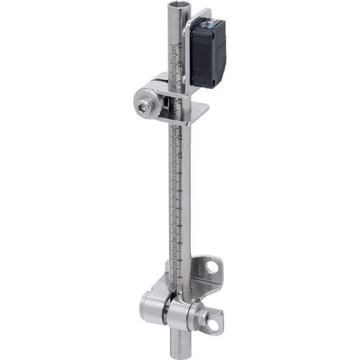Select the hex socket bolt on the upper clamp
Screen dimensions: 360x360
tap(144, 107)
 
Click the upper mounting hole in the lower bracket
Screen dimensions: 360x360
tap(211, 267)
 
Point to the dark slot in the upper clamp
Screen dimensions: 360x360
tap(167, 108)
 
